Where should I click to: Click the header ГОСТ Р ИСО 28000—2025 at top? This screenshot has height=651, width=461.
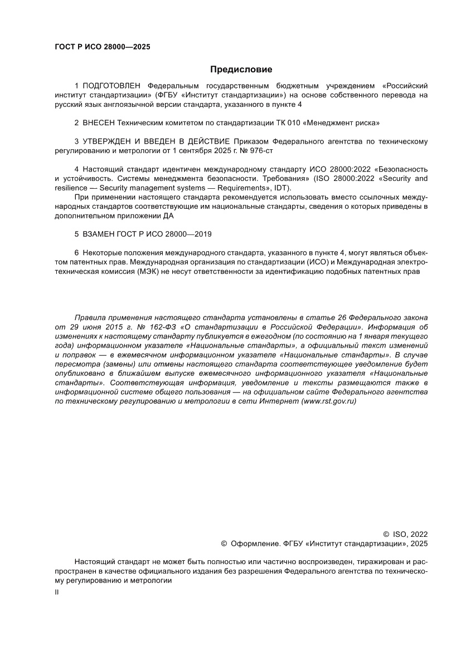click(102, 47)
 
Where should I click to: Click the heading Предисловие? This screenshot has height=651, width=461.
click(241, 70)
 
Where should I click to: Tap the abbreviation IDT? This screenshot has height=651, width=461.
click(276, 188)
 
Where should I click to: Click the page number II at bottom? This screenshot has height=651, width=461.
click(56, 593)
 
